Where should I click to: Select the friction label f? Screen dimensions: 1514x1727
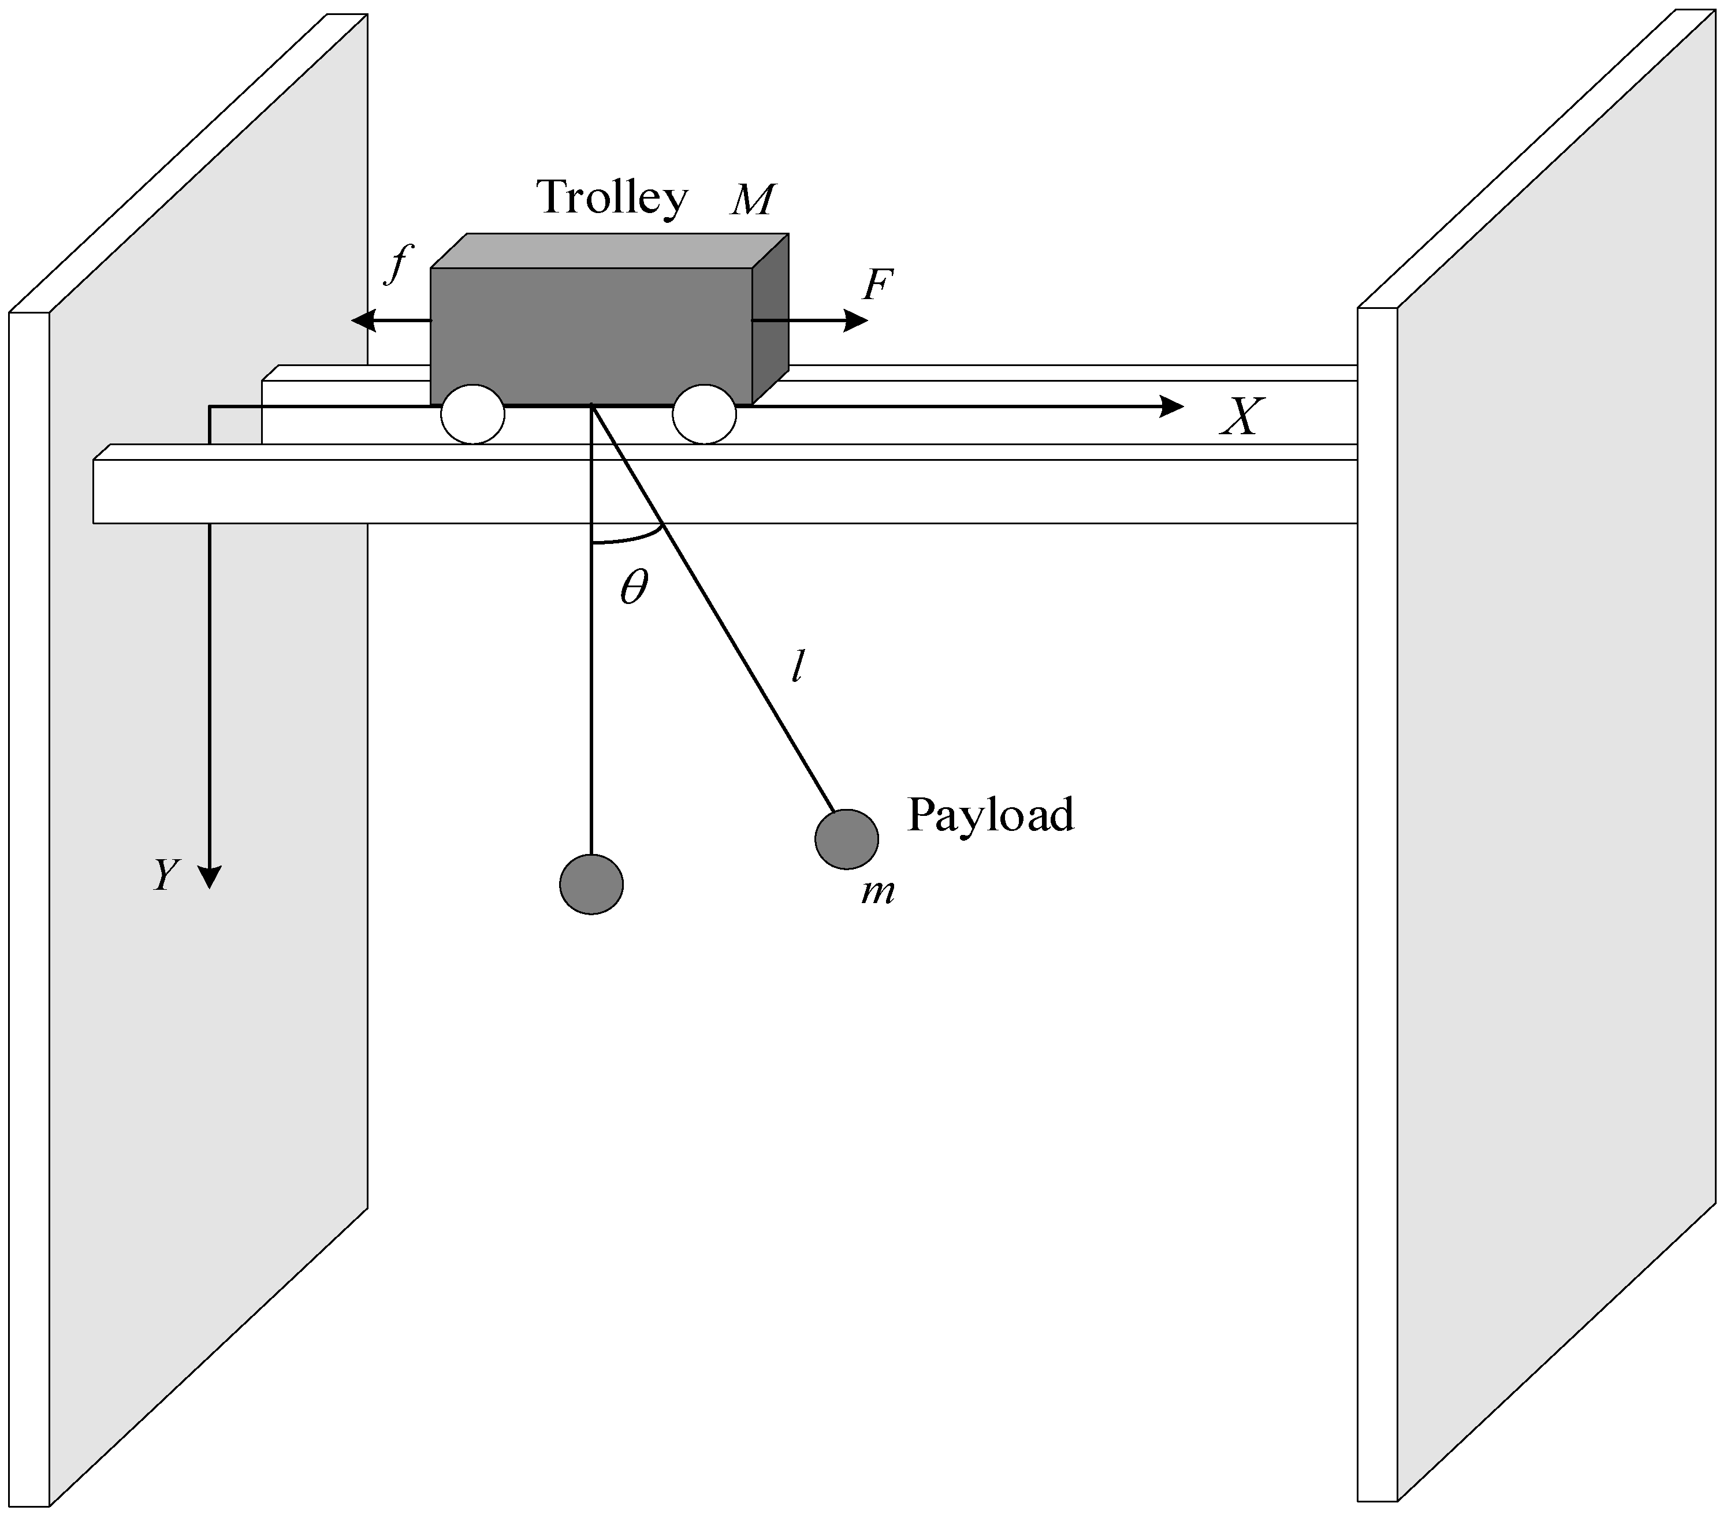pyautogui.click(x=397, y=264)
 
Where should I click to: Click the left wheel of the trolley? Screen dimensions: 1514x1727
pyautogui.click(x=472, y=414)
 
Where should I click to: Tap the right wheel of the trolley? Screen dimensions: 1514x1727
pyautogui.click(x=704, y=414)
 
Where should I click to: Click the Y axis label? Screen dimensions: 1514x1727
pyautogui.click(x=166, y=875)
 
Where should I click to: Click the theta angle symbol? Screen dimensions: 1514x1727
pyautogui.click(x=634, y=587)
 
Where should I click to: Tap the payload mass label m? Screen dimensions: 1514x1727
pyautogui.click(x=878, y=892)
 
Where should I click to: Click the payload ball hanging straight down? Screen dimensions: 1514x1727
pyautogui.click(x=591, y=883)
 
